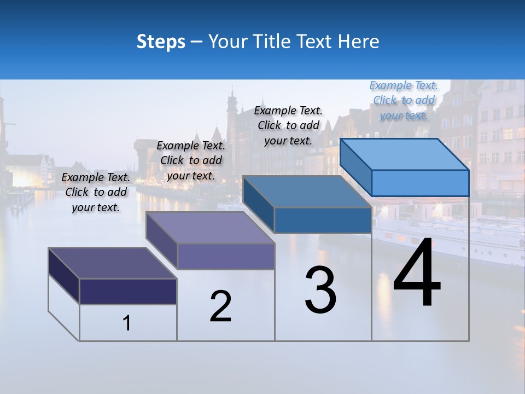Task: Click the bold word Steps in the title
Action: tap(161, 42)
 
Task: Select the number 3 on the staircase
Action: tap(320, 290)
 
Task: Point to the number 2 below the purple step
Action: tap(220, 306)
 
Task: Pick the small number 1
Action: tap(127, 323)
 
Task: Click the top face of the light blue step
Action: tap(405, 154)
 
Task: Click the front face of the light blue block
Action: tap(420, 183)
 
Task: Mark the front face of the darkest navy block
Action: tap(128, 291)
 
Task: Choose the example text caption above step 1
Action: tap(96, 192)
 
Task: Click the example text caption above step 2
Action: tap(191, 160)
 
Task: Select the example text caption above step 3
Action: tap(288, 125)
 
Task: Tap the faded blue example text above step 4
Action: tap(404, 100)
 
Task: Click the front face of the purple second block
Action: tap(226, 256)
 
